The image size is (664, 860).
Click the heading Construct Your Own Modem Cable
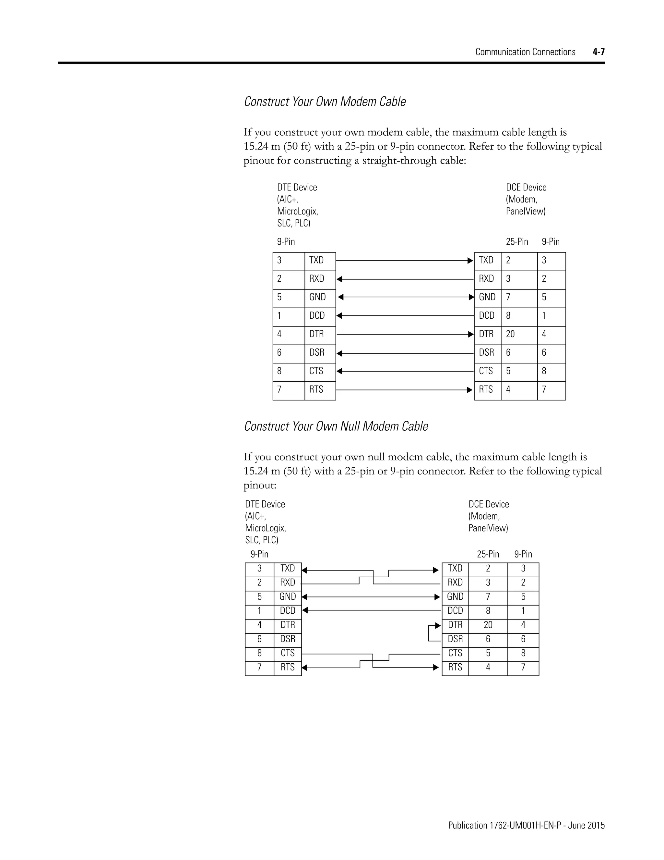point(325,102)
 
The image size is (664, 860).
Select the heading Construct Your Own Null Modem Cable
point(336,426)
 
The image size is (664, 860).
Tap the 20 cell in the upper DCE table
point(510,334)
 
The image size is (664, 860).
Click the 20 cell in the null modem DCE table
point(488,625)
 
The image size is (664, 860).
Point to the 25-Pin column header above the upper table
point(516,242)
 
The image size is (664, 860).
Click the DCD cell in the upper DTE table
point(317,316)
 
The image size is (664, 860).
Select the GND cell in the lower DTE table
point(288,596)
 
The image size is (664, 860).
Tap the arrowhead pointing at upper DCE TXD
point(470,261)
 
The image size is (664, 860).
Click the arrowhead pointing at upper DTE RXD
point(339,279)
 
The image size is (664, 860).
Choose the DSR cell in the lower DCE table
point(455,639)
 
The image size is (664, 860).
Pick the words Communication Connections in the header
point(525,52)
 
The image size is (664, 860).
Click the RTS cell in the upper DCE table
point(486,389)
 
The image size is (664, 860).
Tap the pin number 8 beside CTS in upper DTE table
point(279,371)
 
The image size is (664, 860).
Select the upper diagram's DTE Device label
point(297,188)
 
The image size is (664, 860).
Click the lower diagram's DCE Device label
point(489,504)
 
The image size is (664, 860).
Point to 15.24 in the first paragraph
point(256,146)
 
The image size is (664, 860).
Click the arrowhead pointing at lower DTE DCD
point(305,611)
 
